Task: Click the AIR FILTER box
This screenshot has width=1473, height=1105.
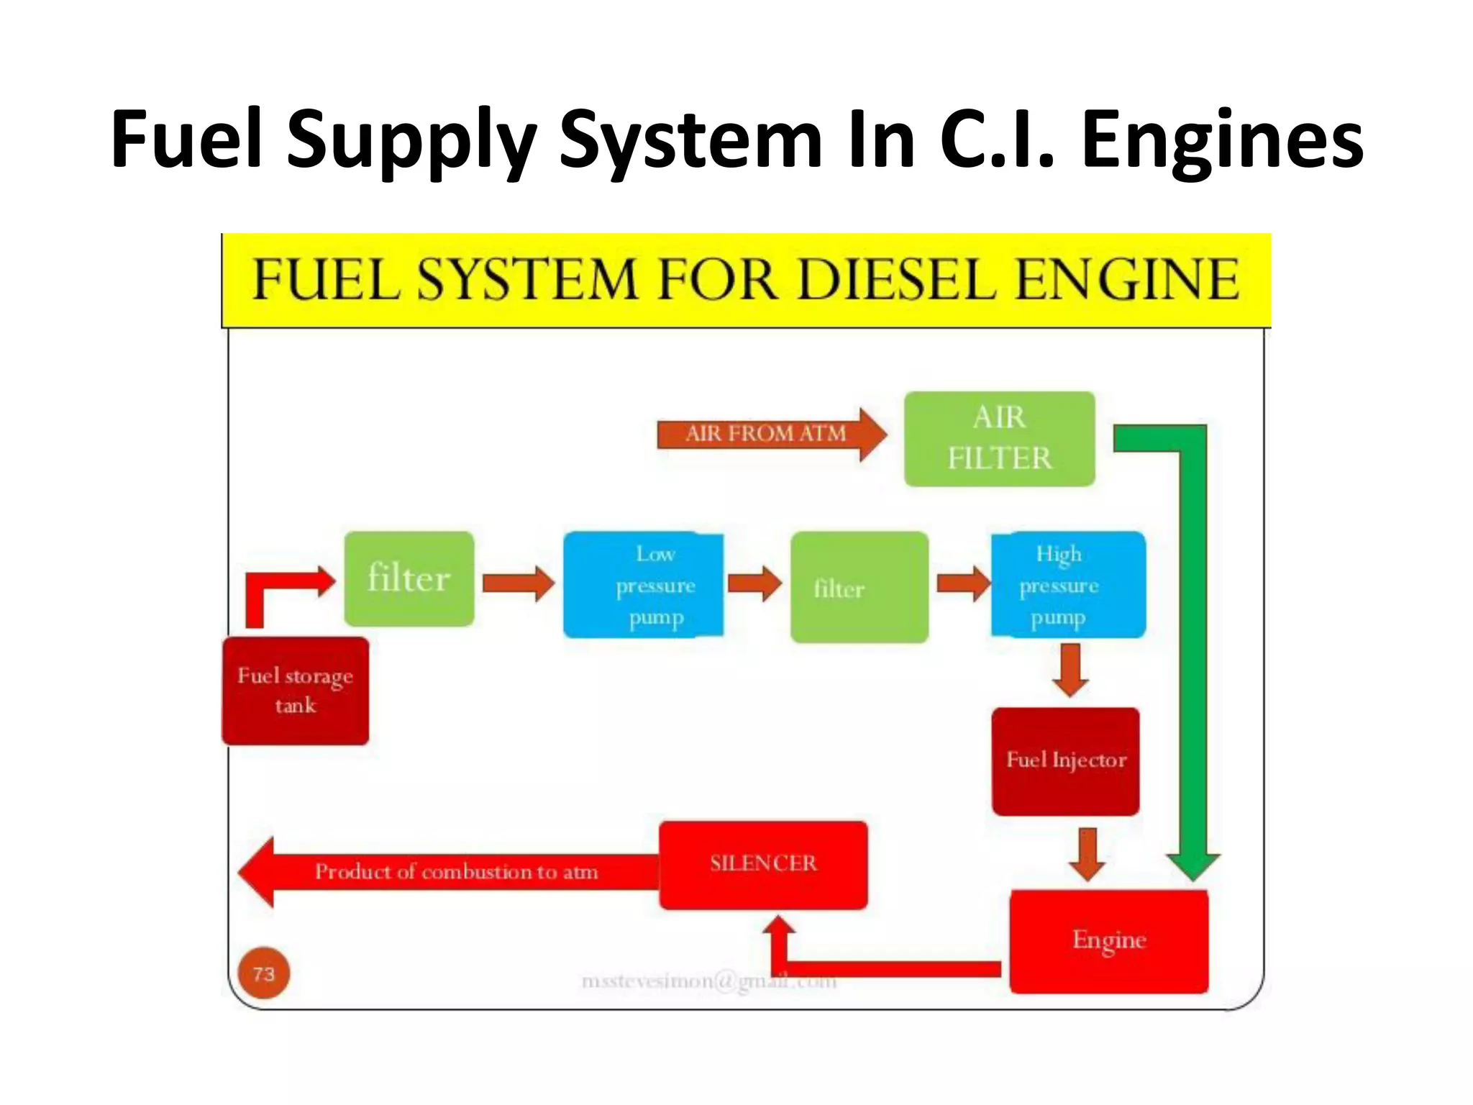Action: click(x=999, y=438)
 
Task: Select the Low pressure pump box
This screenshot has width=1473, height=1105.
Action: click(x=643, y=585)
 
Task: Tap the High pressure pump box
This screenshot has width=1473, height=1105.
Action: click(x=1068, y=585)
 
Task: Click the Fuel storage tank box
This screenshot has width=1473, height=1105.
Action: click(x=296, y=691)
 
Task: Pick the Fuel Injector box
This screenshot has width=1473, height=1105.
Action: click(x=1065, y=761)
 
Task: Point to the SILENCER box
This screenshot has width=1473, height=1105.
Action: click(x=763, y=864)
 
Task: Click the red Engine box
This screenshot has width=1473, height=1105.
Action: click(x=1108, y=941)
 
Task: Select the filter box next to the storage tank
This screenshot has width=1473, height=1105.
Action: click(x=409, y=578)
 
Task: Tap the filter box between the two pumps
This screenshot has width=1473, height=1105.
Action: click(x=859, y=587)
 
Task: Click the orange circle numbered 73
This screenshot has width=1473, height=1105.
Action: click(x=264, y=973)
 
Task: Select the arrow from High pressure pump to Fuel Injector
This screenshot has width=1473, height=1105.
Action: click(x=1070, y=670)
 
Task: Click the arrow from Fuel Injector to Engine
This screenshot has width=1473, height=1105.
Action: click(x=1087, y=853)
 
